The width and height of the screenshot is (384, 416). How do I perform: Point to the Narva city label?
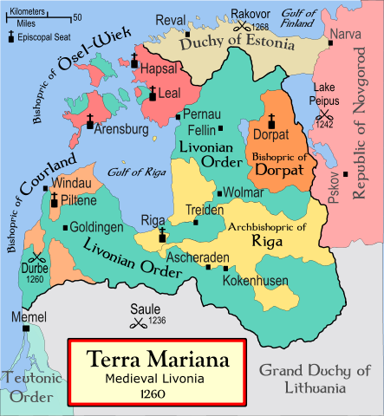[343, 36]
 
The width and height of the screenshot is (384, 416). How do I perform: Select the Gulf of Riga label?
[135, 171]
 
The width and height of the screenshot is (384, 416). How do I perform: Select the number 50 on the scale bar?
[78, 17]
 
